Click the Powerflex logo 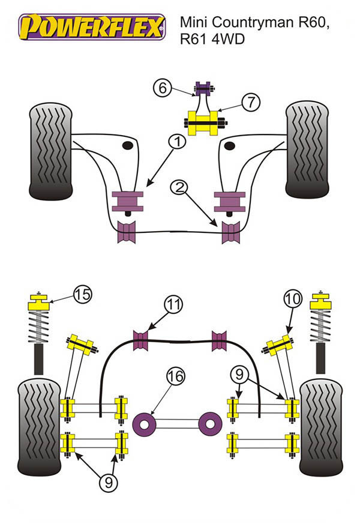92,27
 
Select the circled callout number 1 177,142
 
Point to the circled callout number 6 161,88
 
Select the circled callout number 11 173,306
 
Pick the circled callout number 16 175,377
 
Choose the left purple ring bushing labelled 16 145,424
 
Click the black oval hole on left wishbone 127,146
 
